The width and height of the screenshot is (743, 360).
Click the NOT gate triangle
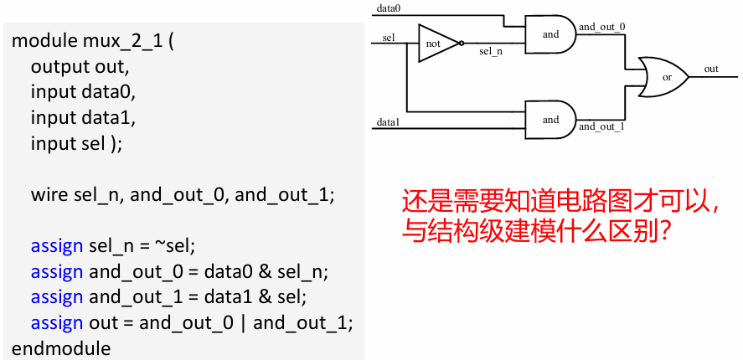click(x=436, y=44)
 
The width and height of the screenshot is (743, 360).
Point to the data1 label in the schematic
click(x=387, y=122)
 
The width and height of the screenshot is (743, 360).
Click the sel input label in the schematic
click(x=388, y=38)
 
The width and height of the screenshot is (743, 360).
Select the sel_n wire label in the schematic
click(x=491, y=52)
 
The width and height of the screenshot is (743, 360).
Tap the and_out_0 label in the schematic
click(x=601, y=27)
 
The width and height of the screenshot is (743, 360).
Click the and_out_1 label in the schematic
click(x=601, y=127)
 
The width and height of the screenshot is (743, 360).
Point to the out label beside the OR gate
click(x=710, y=69)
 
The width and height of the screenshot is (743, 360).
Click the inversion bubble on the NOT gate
click(x=462, y=44)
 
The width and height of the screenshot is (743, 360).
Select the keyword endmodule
click(x=61, y=347)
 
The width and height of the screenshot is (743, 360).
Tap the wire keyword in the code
click(x=49, y=195)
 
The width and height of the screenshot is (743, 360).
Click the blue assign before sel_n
click(x=56, y=246)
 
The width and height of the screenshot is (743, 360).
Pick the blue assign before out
click(x=56, y=322)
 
